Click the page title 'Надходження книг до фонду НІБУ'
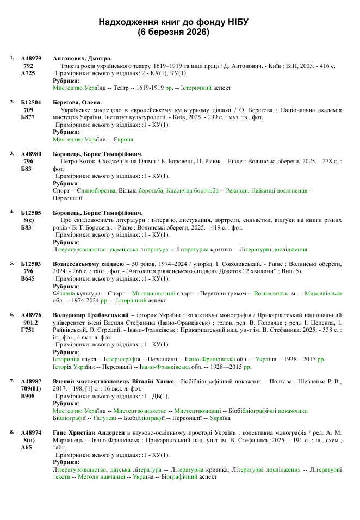click(x=173, y=22)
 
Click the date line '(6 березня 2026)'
click(x=173, y=32)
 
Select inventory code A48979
click(x=31, y=58)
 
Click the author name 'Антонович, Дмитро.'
click(x=82, y=58)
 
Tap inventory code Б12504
click(x=31, y=102)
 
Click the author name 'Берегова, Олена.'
click(x=78, y=102)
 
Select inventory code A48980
click(x=31, y=154)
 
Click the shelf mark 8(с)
click(x=29, y=220)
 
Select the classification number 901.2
click(x=30, y=323)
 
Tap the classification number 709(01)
click(x=30, y=388)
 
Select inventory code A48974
click(x=31, y=432)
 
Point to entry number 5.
click(x=13, y=263)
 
